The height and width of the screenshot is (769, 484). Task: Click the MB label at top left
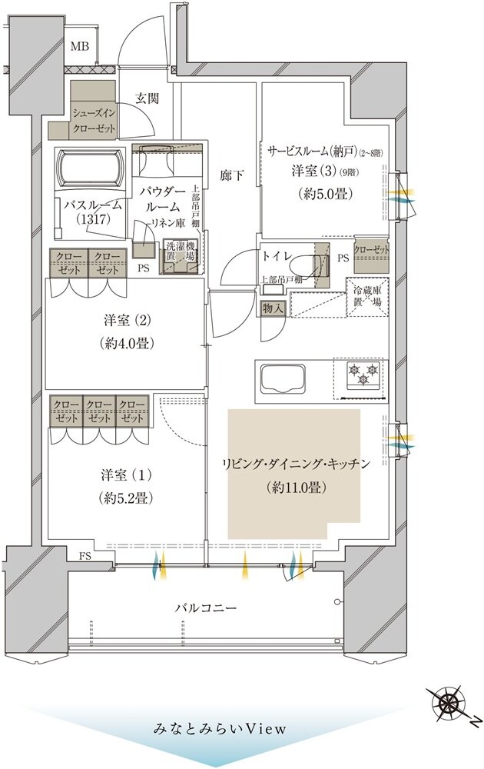tap(80, 47)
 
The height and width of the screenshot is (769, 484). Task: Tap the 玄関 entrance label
tap(148, 98)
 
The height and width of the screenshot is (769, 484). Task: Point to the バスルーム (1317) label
tap(90, 211)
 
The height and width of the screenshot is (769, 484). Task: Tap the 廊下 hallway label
tap(232, 175)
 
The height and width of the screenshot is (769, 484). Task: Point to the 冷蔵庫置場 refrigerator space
tap(367, 296)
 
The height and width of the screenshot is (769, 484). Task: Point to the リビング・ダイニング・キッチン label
tap(296, 464)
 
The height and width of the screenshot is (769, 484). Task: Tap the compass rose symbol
tap(448, 703)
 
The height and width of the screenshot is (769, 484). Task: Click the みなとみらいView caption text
tap(209, 727)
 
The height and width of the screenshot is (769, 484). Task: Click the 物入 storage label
tap(273, 308)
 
